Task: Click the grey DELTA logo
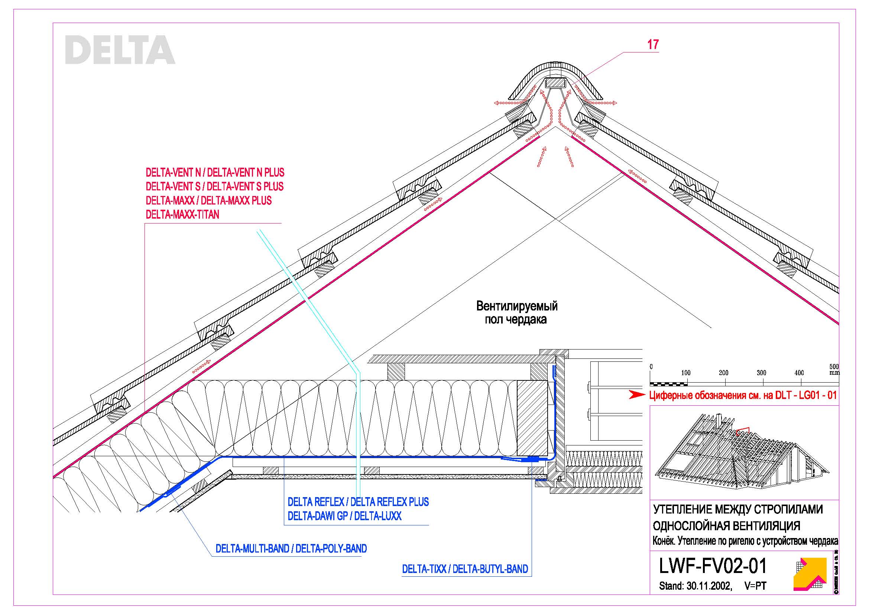[120, 49]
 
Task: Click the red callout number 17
[653, 45]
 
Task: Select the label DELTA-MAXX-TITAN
[182, 215]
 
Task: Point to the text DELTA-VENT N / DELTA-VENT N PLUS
[215, 173]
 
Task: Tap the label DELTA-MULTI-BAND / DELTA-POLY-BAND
[291, 549]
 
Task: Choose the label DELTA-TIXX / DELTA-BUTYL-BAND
[465, 569]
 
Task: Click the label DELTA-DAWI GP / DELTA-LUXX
[344, 516]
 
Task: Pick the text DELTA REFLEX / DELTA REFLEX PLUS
[358, 502]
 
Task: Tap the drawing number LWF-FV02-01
[713, 566]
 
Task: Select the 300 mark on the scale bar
[761, 373]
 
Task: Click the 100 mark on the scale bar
[685, 373]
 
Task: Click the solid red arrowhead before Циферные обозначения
[637, 395]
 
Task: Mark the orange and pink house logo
[810, 574]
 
